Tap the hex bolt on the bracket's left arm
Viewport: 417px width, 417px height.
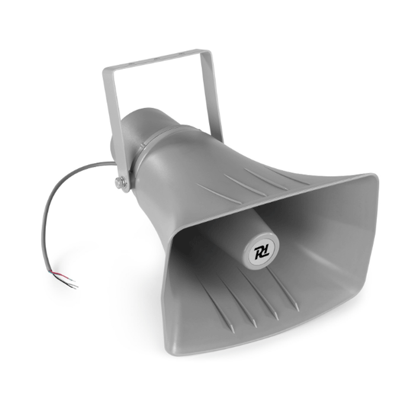click(x=118, y=182)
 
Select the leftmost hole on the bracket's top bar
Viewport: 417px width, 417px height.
click(x=130, y=64)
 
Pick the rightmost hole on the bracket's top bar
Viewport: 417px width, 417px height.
click(x=182, y=54)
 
